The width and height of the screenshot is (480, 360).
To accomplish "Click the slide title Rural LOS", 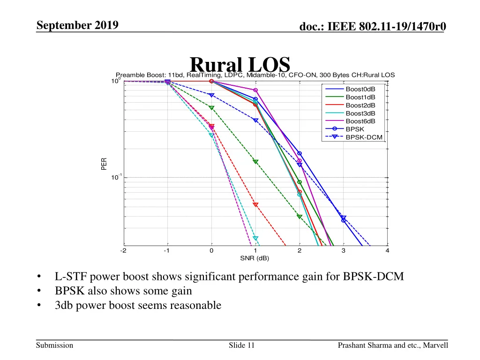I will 240,65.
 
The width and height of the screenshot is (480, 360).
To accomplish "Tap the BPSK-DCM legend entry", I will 363,137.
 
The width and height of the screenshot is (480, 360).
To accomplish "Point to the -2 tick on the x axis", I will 123,251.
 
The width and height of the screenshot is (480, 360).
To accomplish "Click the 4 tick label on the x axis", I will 388,251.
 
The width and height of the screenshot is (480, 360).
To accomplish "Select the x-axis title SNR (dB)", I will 255,258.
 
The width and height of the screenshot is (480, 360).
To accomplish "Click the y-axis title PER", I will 104,164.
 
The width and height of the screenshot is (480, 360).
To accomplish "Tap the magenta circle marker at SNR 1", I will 255,90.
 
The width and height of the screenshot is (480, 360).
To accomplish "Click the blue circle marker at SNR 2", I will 300,154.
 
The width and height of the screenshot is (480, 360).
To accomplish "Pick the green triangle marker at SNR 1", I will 255,162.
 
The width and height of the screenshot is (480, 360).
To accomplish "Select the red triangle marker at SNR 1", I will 255,205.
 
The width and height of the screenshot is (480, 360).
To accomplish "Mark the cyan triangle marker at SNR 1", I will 255,239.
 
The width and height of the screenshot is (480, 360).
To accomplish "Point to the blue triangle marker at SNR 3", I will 344,217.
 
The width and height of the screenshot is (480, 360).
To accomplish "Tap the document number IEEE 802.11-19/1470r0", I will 373,28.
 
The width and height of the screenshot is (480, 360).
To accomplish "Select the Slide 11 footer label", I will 241,345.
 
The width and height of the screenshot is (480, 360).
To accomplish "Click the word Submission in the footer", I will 55,345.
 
